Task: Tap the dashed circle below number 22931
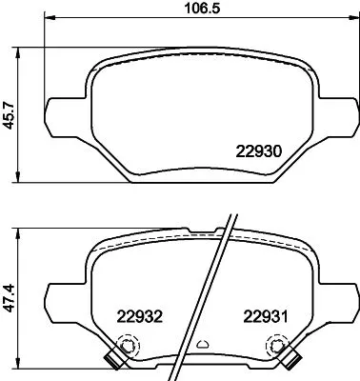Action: [282, 350]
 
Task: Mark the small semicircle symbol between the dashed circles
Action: [202, 345]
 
